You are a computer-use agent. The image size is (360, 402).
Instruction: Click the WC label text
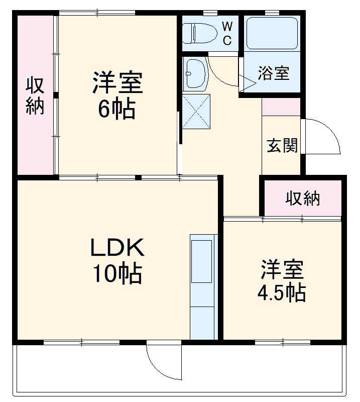point(227,33)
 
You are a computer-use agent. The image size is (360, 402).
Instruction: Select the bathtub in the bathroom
point(272,33)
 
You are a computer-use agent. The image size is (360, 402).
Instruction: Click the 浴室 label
point(273,73)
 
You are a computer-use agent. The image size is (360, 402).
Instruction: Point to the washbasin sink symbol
point(195,73)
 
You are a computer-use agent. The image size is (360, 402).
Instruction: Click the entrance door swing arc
point(326,136)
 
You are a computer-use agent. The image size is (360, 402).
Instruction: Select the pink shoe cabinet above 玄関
point(281,107)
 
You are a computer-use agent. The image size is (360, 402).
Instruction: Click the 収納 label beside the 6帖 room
point(35,96)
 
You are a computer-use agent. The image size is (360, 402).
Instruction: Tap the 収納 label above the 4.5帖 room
point(303,199)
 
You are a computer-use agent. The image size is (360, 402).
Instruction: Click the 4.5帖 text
point(282,292)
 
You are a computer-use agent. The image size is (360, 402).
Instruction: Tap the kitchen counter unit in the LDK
point(203,286)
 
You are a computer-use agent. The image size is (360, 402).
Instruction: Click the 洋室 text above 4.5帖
point(282,269)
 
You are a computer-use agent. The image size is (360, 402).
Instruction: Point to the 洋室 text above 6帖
point(117,83)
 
